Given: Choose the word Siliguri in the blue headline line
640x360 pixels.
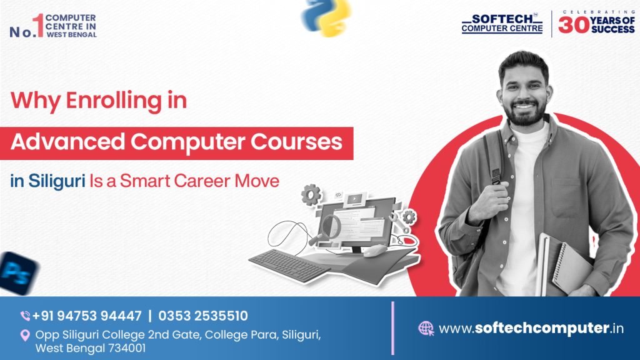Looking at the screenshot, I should [55, 181].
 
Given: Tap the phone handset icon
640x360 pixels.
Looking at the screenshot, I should [26, 316].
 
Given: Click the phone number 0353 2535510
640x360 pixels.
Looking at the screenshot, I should [203, 316].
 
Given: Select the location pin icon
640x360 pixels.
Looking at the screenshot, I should [26, 336].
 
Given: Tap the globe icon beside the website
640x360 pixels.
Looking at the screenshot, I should [426, 328].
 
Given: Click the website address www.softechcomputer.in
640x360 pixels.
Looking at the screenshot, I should [531, 328].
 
